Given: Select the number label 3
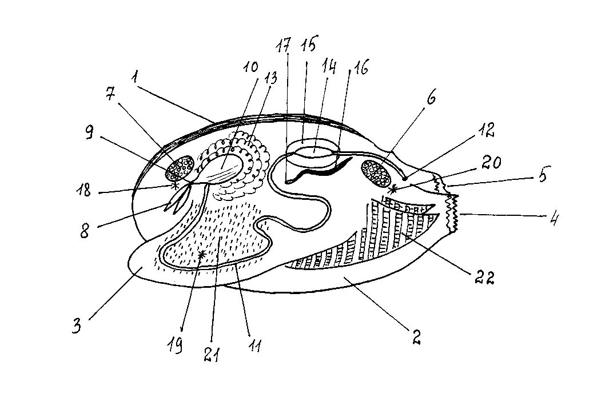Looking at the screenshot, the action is point(77,326).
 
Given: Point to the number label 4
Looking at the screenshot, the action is point(553,219).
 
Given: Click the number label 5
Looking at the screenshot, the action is point(540,174).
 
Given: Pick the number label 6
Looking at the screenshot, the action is point(430,98).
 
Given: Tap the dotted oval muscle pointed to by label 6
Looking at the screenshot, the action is point(376,172).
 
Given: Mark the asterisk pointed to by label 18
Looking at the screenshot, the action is point(174,186).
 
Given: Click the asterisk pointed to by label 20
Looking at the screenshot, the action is point(392,188).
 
